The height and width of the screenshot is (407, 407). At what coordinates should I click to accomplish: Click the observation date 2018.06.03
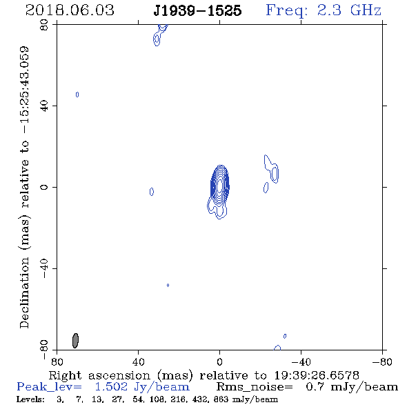(x=70, y=10)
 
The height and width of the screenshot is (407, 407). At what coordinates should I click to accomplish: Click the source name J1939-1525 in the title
(x=197, y=10)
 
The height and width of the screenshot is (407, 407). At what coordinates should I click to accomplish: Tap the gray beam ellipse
(x=75, y=341)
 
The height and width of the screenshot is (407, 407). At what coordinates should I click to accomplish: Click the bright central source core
(x=220, y=186)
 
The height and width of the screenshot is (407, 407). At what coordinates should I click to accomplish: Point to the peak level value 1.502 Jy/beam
(x=142, y=387)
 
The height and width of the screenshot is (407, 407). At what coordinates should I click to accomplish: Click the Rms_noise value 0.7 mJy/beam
(x=352, y=387)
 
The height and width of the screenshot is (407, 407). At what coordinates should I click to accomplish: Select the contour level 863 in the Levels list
(x=221, y=399)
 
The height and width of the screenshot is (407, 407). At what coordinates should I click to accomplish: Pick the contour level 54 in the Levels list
(x=137, y=399)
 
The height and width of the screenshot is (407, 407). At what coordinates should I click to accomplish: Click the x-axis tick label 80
(x=57, y=361)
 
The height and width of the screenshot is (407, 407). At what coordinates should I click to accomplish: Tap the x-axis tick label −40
(x=301, y=361)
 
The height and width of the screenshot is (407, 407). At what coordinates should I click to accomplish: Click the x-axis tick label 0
(x=219, y=361)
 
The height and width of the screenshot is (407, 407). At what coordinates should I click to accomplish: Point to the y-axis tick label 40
(x=44, y=106)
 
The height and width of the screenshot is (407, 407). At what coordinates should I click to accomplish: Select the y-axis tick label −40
(x=44, y=268)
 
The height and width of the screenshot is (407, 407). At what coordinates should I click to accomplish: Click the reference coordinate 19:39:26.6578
(x=317, y=375)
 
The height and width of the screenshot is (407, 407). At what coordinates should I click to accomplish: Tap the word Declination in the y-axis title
(x=24, y=292)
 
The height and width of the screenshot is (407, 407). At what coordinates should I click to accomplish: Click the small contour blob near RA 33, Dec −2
(x=152, y=192)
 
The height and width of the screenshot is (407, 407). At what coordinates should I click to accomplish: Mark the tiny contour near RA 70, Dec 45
(x=77, y=95)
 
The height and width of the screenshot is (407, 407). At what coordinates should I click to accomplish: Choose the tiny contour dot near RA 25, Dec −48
(x=168, y=286)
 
